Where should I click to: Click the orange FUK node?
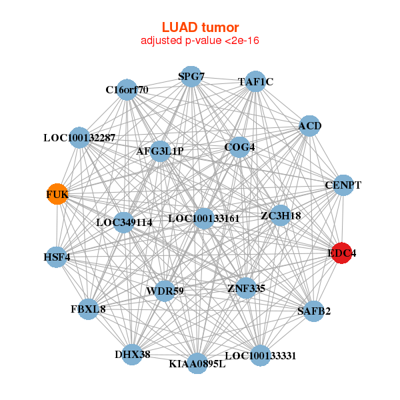(x=57, y=194)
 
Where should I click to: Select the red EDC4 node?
(x=341, y=253)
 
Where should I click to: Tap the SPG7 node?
(x=191, y=76)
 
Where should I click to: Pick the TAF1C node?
(x=255, y=81)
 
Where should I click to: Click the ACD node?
(x=309, y=125)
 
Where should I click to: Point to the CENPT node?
(x=342, y=185)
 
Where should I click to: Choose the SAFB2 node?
(x=313, y=311)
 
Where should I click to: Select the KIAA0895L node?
(x=197, y=363)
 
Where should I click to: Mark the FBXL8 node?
(x=88, y=309)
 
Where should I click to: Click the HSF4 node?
(x=57, y=257)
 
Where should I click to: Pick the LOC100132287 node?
(x=79, y=137)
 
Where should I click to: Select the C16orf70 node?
(x=127, y=89)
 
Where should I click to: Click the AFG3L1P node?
(x=160, y=151)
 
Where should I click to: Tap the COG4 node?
(x=239, y=147)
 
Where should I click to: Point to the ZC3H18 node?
(x=281, y=215)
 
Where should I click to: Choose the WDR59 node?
(x=165, y=291)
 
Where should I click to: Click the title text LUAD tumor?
(x=200, y=27)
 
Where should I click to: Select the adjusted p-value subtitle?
(x=200, y=41)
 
